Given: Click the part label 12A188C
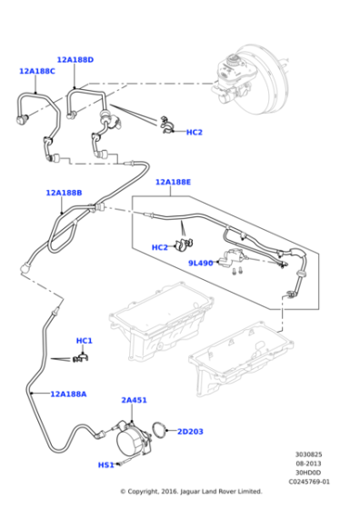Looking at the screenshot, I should (x=36, y=71).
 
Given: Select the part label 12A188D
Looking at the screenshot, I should (x=75, y=60).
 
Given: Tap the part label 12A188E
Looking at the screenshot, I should (x=173, y=182).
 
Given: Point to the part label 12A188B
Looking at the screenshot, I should (x=64, y=193).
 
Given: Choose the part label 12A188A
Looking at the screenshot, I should (x=68, y=394).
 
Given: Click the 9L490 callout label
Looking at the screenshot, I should (x=200, y=263).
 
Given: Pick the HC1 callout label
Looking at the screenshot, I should (x=84, y=341).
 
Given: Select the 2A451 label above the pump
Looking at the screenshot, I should (x=134, y=400).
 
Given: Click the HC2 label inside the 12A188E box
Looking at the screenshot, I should (x=160, y=247).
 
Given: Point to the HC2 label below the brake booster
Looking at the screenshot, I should (x=194, y=132).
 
